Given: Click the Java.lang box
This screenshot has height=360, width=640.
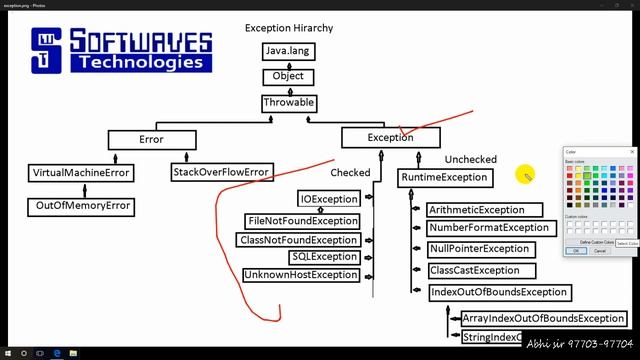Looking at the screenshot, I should [289, 50].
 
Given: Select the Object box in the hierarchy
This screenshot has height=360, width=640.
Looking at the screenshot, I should [289, 76].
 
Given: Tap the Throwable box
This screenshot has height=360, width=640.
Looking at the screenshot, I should [289, 103].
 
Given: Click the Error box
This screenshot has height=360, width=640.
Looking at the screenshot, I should [151, 140].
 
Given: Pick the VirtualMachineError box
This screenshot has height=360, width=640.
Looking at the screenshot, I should [81, 173].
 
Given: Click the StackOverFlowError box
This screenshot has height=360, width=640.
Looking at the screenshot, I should [221, 173].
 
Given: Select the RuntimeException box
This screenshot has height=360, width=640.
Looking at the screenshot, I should [444, 178].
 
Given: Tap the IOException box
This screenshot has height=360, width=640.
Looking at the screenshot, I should [328, 200].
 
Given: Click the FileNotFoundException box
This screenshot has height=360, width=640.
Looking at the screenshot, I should [302, 221].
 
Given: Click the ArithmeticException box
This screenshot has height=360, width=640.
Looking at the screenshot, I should [483, 210].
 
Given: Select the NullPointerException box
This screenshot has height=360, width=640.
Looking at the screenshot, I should [479, 249].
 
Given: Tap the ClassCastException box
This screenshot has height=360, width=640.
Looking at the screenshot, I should [474, 271].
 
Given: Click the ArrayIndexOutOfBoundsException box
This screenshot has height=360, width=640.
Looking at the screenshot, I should [543, 319].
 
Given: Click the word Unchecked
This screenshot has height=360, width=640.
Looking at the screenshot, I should [470, 160].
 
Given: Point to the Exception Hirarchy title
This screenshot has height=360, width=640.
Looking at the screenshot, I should [289, 28].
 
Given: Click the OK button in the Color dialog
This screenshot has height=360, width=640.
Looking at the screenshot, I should [575, 251].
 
